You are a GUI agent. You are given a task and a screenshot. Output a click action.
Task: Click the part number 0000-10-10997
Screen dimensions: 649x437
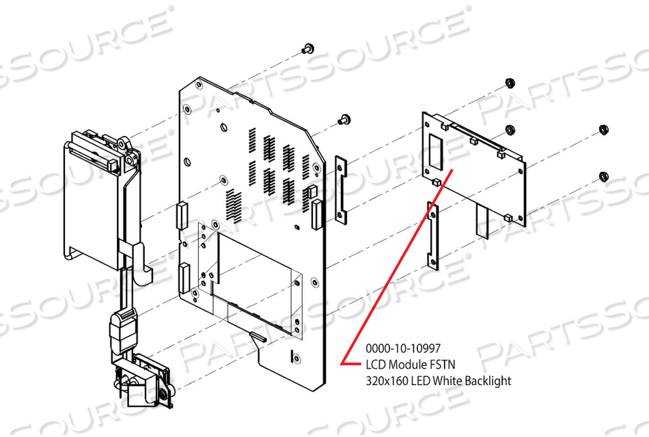click(x=403, y=348)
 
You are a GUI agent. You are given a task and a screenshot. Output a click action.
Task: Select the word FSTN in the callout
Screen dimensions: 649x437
click(x=443, y=365)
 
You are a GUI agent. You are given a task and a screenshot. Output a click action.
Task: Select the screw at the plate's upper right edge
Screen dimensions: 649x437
click(x=344, y=119)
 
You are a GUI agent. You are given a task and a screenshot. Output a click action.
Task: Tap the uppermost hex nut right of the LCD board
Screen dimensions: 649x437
click(x=510, y=83)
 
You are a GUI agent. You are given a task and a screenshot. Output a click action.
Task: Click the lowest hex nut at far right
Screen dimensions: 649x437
click(x=603, y=177)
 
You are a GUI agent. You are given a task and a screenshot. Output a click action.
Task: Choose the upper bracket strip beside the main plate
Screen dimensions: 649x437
click(x=341, y=190)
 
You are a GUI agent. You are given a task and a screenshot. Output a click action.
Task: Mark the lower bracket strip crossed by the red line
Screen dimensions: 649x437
click(x=433, y=235)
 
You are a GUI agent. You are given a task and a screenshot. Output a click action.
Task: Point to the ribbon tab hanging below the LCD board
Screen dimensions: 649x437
click(x=482, y=221)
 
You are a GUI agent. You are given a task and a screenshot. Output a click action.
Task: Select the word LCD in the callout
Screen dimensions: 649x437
click(x=376, y=365)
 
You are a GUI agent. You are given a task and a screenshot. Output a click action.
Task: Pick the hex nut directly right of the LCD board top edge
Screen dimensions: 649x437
click(x=510, y=130)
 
